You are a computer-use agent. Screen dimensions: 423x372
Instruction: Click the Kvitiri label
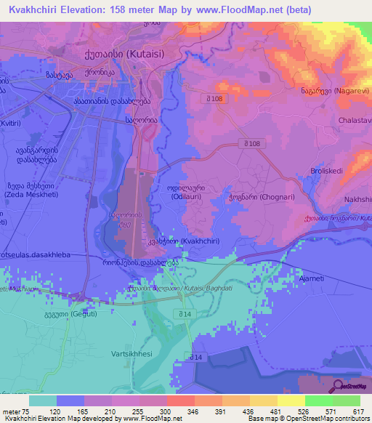tap(10, 124)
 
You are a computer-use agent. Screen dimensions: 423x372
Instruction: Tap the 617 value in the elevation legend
tap(356, 411)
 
